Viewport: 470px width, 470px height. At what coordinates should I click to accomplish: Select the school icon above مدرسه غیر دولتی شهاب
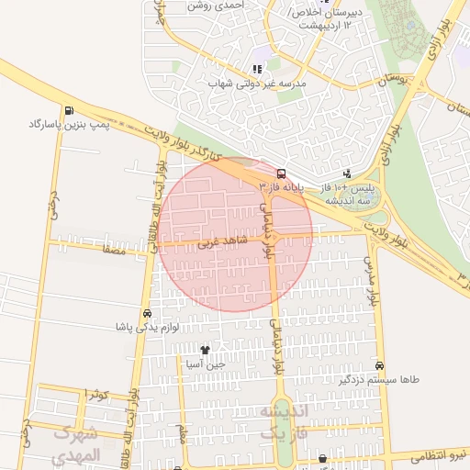tap(257, 68)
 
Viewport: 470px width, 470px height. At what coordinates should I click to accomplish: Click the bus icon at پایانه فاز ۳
tap(280, 173)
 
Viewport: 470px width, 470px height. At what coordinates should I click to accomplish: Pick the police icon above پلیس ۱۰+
tap(347, 173)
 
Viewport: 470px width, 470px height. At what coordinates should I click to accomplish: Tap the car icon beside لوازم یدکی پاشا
tap(148, 312)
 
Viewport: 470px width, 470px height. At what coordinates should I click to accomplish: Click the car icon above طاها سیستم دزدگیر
tap(380, 364)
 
